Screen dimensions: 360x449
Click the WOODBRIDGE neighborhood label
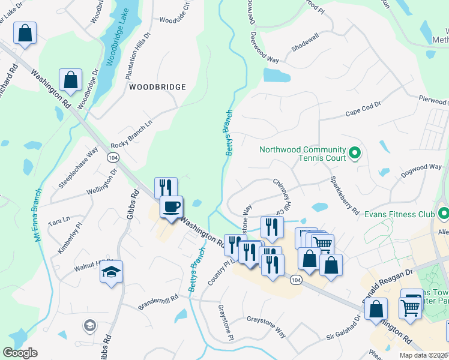coord(157,87)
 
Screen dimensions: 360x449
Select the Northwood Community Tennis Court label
coord(302,154)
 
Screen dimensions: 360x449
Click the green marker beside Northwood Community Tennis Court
coord(354,154)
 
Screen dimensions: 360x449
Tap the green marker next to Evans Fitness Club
coord(444,213)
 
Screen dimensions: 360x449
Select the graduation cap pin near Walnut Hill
coord(112,272)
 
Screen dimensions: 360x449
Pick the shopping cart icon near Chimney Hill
coord(323,244)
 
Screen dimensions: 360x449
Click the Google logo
coord(20,353)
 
